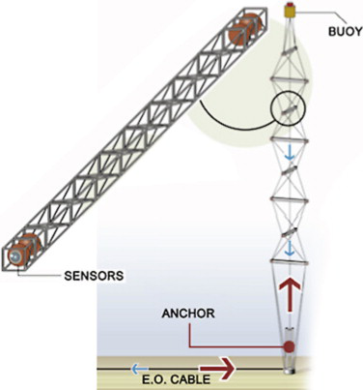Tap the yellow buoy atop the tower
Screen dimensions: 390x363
click(x=290, y=13)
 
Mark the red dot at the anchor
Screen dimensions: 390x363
click(x=287, y=346)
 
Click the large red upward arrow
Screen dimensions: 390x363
click(x=289, y=300)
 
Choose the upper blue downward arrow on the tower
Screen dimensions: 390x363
click(x=288, y=151)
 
